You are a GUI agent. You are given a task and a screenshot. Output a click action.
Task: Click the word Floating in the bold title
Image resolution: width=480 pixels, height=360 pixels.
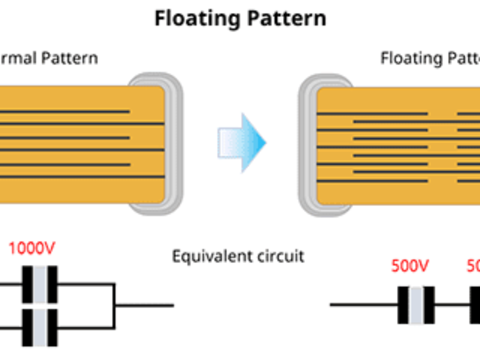[195, 18]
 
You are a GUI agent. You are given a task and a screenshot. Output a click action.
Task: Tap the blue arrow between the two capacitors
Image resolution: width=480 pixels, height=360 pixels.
[243, 142]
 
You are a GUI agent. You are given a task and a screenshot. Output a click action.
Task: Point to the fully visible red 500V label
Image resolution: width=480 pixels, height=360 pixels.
[410, 265]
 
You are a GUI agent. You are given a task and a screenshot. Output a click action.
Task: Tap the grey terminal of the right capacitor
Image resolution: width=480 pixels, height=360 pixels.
[307, 144]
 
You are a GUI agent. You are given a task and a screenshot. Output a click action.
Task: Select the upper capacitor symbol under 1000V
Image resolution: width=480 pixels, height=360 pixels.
[40, 284]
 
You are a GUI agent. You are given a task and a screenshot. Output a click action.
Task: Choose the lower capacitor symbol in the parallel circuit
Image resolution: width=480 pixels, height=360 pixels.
[40, 328]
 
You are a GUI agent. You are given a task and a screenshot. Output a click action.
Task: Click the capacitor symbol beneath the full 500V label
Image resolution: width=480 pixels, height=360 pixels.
[416, 305]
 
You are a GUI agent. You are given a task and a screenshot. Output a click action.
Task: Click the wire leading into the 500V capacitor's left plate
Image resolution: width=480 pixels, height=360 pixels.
[364, 305]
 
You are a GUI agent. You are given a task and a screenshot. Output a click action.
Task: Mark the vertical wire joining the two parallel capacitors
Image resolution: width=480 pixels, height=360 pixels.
[115, 305]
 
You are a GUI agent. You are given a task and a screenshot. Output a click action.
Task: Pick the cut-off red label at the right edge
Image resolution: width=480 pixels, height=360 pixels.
[473, 265]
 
